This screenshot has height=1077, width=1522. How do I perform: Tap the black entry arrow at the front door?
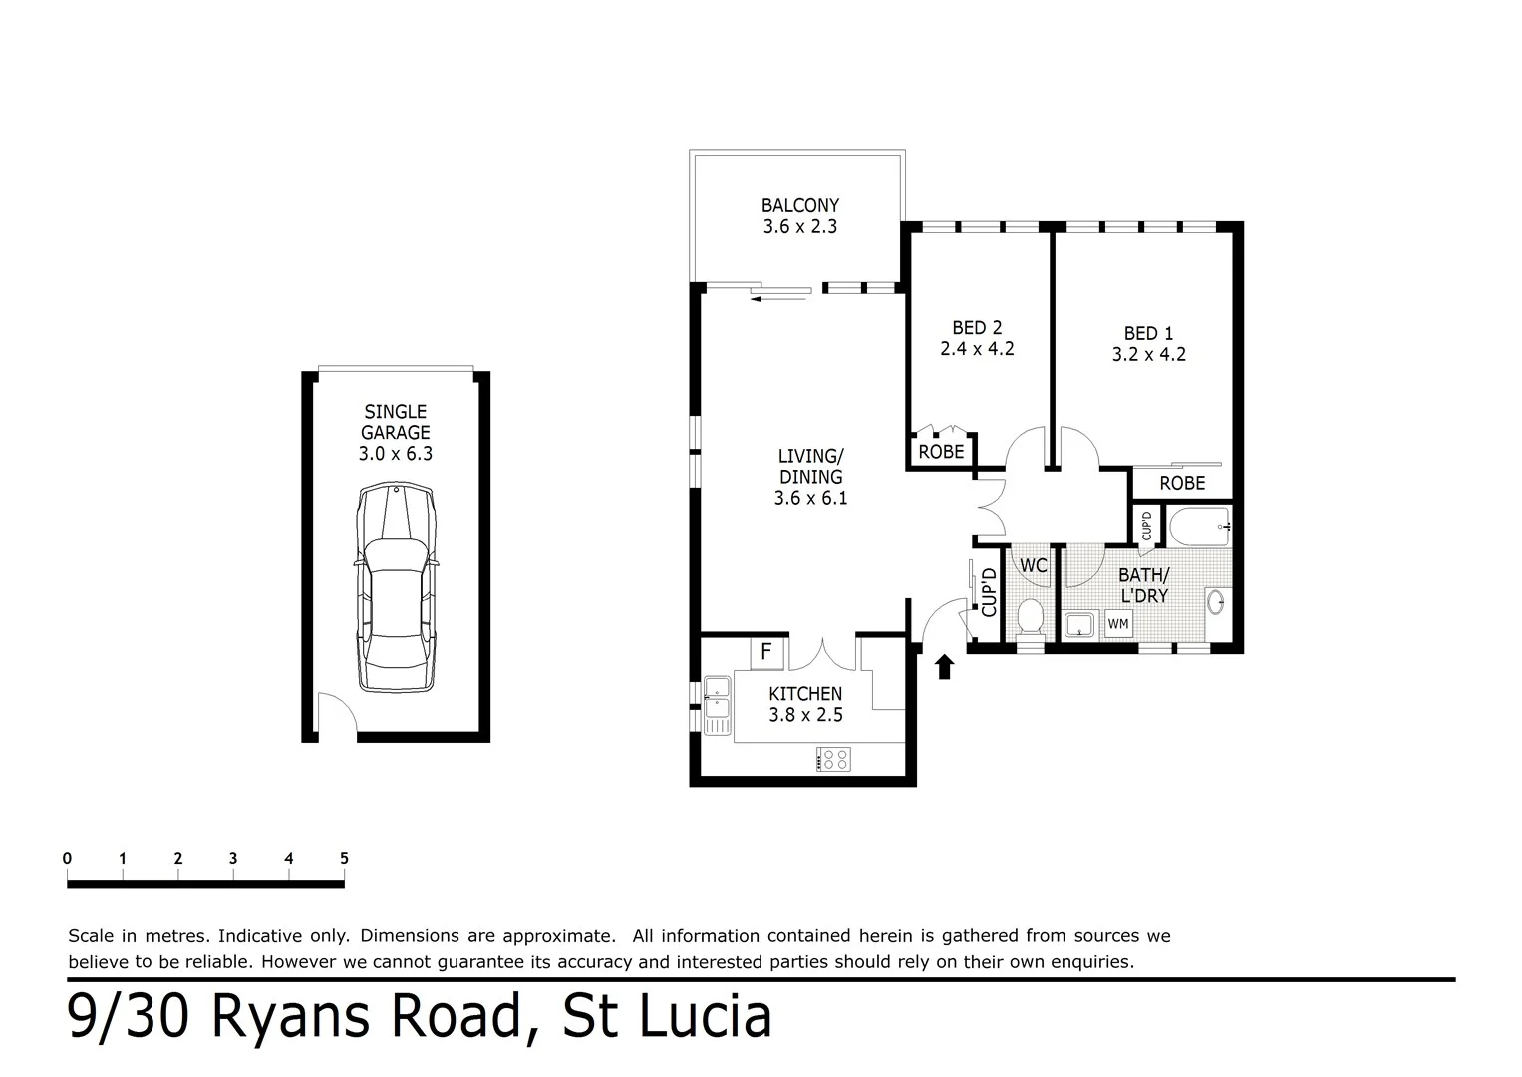(x=944, y=666)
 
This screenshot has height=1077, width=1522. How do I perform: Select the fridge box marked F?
(x=766, y=652)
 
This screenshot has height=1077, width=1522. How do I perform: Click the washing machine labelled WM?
(x=1118, y=624)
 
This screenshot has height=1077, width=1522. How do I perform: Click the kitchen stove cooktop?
(x=833, y=759)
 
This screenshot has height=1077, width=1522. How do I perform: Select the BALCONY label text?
(x=800, y=206)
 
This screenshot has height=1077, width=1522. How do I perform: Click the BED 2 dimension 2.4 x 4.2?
(x=977, y=349)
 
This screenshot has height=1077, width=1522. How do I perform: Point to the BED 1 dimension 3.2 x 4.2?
(x=1149, y=354)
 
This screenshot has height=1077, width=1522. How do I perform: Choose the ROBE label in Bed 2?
(x=941, y=452)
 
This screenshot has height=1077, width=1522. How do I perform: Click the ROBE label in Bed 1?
(x=1182, y=483)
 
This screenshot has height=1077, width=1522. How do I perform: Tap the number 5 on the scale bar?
(x=344, y=858)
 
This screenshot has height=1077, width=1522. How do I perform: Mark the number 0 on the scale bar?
(x=67, y=858)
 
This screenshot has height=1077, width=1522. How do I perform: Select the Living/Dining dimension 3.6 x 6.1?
(x=810, y=498)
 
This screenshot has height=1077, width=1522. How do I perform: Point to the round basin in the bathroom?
(x=1216, y=601)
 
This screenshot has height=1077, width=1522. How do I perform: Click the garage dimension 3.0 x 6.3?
(x=396, y=454)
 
